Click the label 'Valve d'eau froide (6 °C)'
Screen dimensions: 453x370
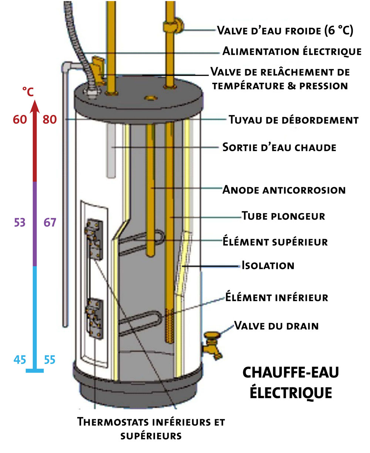[x=285, y=30]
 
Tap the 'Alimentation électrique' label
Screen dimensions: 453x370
[x=292, y=51]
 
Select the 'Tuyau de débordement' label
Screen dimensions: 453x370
[x=293, y=120]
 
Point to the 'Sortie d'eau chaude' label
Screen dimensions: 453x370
[x=279, y=147]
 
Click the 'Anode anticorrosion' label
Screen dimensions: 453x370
[x=284, y=190]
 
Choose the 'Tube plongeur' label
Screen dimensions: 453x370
[x=283, y=216]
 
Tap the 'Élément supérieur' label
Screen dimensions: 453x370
[x=275, y=242]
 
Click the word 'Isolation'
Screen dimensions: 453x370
[x=268, y=265]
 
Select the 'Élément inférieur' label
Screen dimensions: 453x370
[x=276, y=297]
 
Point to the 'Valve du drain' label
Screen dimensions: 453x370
[x=276, y=326]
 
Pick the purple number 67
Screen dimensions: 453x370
[x=49, y=223]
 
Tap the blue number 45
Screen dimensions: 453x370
[x=20, y=360]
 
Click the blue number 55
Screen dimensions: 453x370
[x=49, y=360]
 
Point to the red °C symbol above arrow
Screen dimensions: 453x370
[x=28, y=91]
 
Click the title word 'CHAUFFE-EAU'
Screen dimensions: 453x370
[x=290, y=373]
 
